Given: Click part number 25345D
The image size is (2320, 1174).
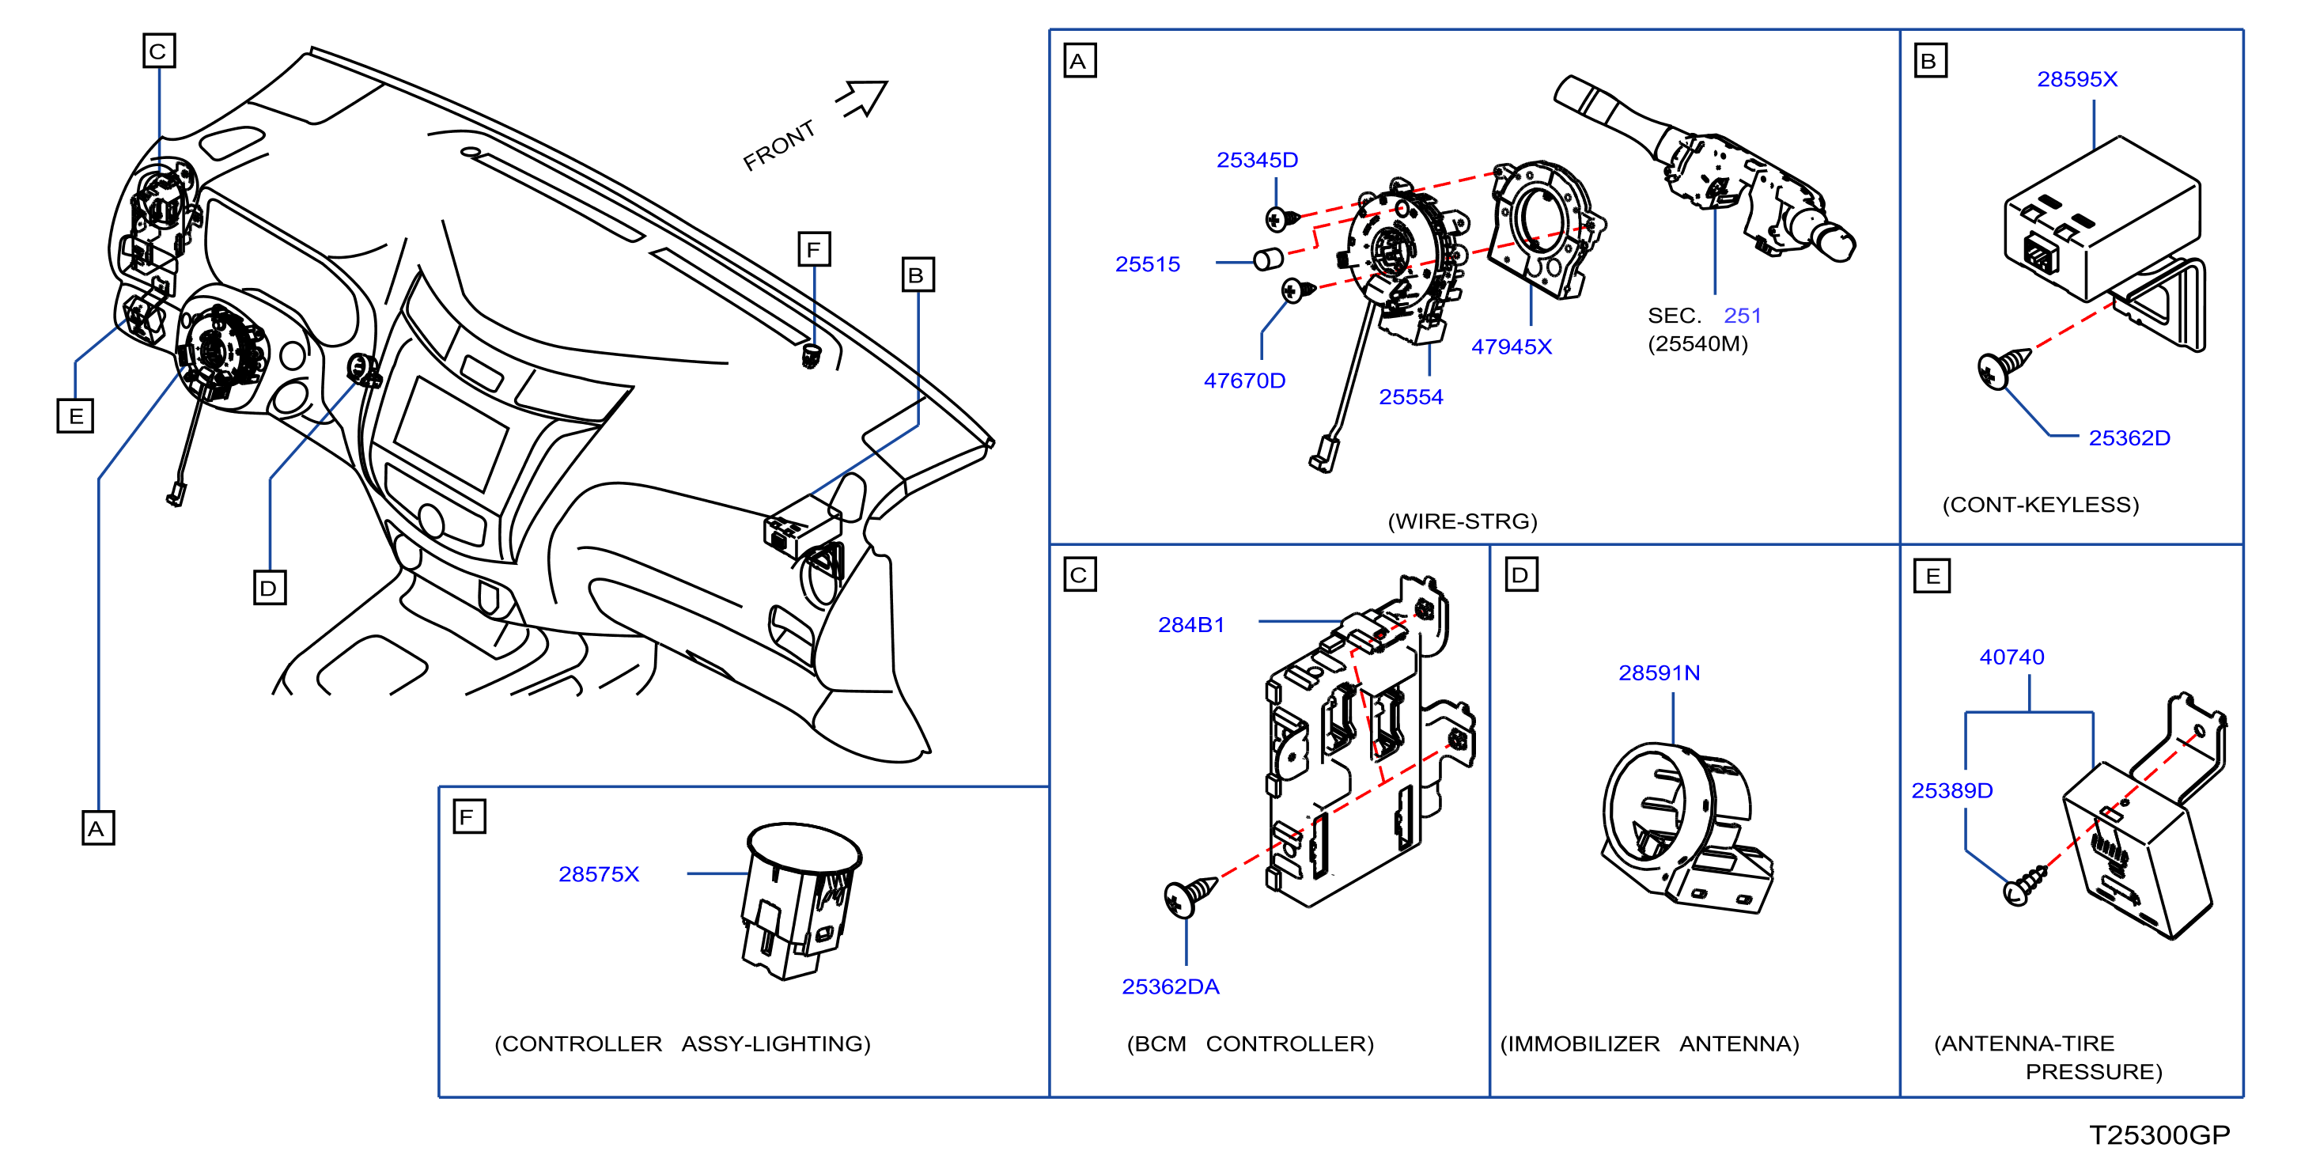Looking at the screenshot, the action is coord(1256,161).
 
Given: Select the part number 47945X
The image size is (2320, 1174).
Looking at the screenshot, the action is coord(1512,347).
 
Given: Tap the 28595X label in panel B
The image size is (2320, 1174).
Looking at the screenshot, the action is coord(2077,79).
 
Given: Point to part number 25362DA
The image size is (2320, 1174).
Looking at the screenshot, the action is coord(1170,987).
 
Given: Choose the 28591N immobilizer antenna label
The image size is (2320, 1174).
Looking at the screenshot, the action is coord(1659,673).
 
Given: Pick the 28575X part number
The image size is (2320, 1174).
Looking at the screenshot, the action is coord(599,874).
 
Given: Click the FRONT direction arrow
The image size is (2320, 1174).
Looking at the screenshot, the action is coord(863,98).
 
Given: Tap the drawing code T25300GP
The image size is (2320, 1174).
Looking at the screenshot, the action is coord(2159,1135).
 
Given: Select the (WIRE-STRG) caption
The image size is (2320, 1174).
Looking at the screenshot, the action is coord(1463,521).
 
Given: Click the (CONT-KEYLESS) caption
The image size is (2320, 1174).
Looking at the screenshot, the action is coord(2040,505).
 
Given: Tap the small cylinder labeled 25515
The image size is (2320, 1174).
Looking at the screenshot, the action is coord(1268,259).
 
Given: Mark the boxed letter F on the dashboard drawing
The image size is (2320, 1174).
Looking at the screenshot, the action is coord(814,248).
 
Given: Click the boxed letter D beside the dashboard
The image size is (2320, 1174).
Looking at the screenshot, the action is coord(269,588).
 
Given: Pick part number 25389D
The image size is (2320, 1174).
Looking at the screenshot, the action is coord(1951,790).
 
